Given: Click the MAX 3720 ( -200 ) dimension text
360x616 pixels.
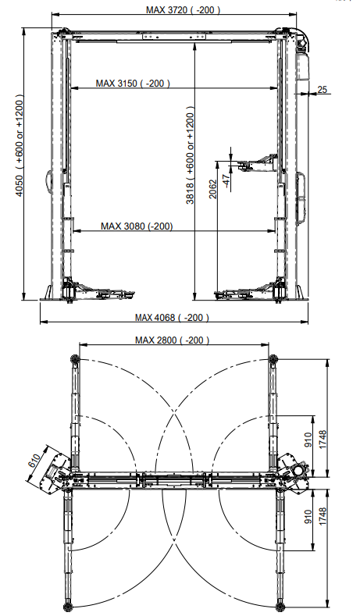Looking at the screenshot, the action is [x=183, y=9].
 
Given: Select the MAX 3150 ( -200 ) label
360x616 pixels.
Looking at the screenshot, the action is [x=133, y=84].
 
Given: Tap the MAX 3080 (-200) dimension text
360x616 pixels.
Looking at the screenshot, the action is [x=137, y=226].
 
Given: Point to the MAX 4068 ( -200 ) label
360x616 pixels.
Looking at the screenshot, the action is [x=172, y=318].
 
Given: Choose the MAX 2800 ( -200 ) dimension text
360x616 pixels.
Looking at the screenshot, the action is [x=172, y=340].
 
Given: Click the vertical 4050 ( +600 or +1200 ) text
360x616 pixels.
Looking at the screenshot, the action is [x=20, y=145].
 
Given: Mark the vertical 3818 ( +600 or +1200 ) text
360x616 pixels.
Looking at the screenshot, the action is [x=191, y=155].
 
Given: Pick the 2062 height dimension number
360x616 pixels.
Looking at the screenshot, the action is [x=212, y=189].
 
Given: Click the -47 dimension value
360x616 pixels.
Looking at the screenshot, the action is [x=226, y=180].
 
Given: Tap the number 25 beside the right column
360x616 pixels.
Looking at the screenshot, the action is [x=322, y=90].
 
